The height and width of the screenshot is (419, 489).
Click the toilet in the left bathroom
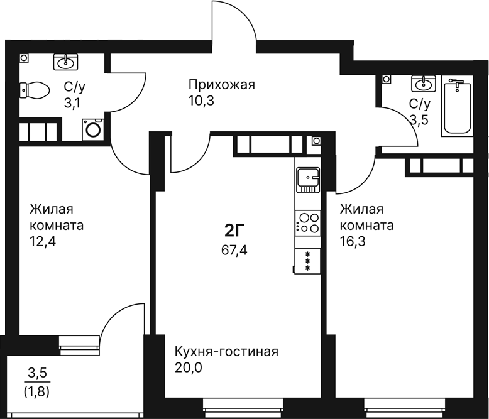pos(35,90)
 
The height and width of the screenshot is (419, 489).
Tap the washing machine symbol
pos(93,129)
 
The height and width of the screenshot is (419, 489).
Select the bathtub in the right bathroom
pos(457,107)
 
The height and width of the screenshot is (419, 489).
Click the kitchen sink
pos(308,180)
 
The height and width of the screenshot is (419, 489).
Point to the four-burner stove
pos(308,223)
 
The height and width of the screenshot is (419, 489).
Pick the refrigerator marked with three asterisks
pos(307,261)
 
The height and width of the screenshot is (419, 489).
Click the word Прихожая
pos(222,85)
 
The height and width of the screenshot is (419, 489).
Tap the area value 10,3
pos(201,101)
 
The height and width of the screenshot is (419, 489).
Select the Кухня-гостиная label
pos(226,352)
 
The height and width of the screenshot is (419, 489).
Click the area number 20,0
pos(189,368)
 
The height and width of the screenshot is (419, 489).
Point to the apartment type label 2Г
pos(234,231)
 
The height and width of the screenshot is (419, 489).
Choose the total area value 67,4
pos(234,250)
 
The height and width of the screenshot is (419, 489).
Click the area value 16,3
pos(353,241)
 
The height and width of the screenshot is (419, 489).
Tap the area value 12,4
pos(43,241)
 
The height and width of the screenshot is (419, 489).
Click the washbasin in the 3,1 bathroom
pos(65,62)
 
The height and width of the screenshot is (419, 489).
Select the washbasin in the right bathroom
pos(423,84)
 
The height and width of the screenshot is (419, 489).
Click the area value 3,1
pos(72,102)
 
